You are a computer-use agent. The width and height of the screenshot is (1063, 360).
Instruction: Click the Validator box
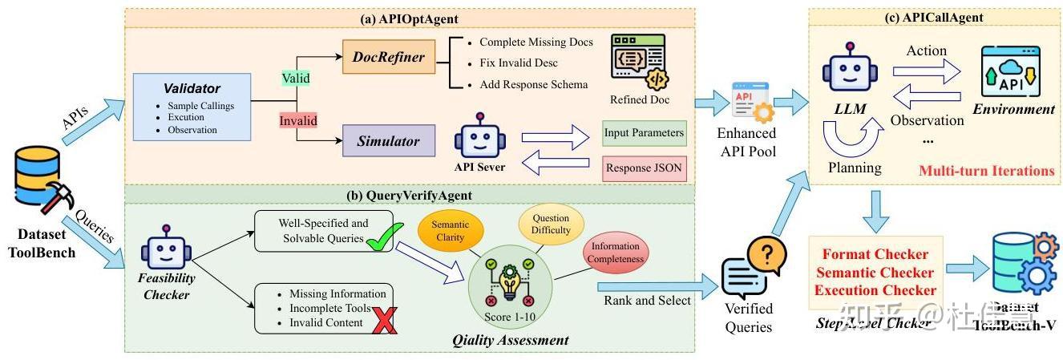click(x=192, y=106)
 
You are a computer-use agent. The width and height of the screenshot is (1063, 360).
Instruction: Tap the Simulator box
click(x=388, y=141)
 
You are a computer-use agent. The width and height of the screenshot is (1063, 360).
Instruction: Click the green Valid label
click(x=296, y=79)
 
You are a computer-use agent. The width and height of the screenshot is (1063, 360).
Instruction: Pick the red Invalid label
click(x=298, y=120)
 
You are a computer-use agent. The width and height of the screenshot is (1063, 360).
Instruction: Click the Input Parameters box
click(x=645, y=133)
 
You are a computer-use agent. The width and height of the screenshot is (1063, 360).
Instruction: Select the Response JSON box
click(x=645, y=168)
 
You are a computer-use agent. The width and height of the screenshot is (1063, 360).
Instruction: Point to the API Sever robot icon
click(x=479, y=136)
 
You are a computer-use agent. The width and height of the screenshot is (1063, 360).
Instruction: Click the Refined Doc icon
click(x=638, y=60)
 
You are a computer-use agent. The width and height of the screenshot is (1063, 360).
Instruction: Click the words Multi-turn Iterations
click(x=986, y=171)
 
